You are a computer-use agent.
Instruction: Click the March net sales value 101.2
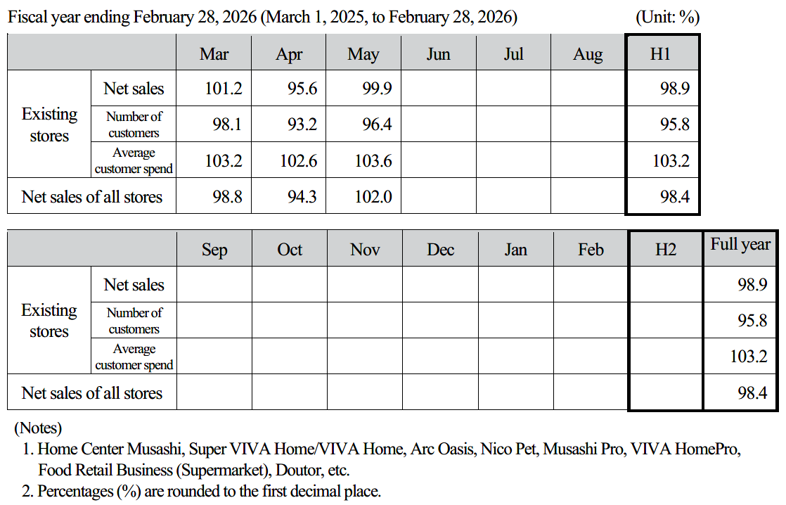223,88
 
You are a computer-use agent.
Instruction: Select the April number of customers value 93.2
302,124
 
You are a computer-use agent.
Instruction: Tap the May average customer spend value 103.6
373,161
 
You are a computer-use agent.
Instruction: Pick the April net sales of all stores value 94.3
302,196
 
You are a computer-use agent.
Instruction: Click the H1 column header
660,53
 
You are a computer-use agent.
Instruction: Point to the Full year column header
740,244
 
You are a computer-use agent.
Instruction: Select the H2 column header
666,249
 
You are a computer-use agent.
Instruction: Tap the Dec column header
440,249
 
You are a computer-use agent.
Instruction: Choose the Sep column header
214,250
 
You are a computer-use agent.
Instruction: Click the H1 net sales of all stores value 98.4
675,196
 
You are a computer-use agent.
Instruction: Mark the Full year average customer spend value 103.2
749,357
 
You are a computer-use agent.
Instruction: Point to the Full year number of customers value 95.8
752,321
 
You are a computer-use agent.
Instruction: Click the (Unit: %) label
667,17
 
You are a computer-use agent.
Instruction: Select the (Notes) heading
38,428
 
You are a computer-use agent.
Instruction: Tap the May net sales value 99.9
377,88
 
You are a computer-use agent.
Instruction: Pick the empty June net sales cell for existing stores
439,88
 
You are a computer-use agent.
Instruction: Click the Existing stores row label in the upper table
49,125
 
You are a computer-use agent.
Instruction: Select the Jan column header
515,249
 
